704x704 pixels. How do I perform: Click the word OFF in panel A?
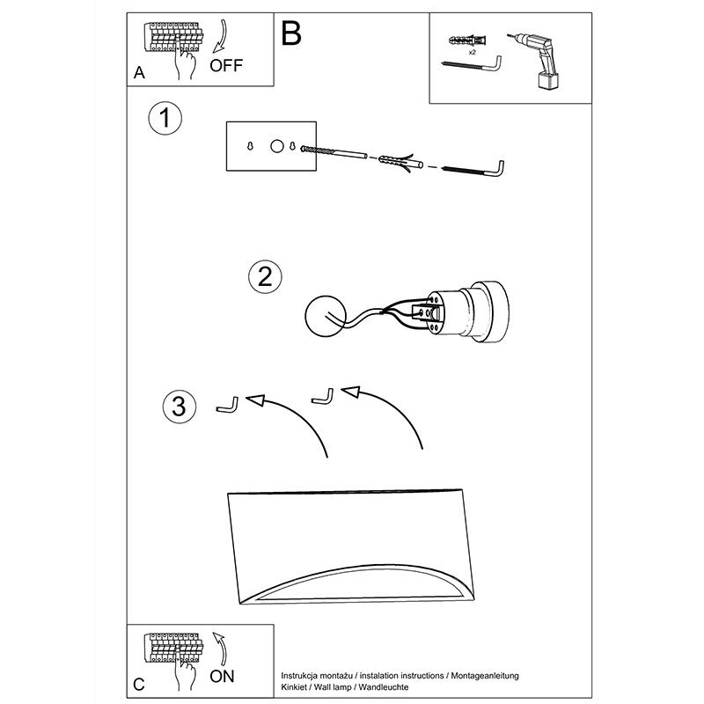tap(226, 65)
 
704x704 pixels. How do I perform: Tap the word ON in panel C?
tap(222, 676)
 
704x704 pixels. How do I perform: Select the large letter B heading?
tap(291, 33)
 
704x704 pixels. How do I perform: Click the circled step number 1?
tap(165, 118)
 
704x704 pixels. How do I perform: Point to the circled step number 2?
tap(266, 276)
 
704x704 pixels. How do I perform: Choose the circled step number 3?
tap(180, 407)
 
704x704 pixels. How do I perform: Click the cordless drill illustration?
tap(534, 61)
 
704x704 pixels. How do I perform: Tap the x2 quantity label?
tap(472, 53)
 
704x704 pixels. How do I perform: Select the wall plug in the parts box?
tap(467, 40)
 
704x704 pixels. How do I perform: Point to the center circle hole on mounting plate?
tap(277, 146)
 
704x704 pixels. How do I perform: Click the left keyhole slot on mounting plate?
tap(250, 146)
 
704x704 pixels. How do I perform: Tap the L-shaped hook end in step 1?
tap(497, 170)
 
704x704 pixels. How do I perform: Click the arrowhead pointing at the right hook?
tap(350, 391)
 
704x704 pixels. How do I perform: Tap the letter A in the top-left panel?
tap(139, 72)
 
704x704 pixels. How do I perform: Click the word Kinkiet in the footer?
tap(295, 687)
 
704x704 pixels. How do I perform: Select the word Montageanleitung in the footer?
tap(485, 676)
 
